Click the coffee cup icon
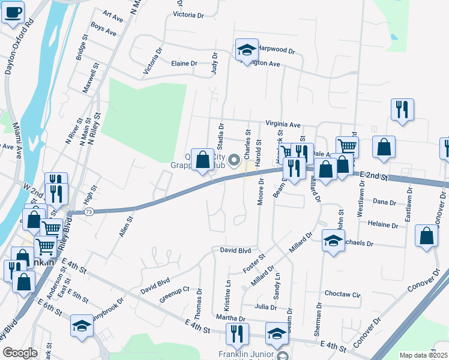(13, 12)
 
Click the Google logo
(20, 353)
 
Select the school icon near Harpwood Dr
(246, 52)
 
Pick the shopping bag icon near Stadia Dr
(203, 160)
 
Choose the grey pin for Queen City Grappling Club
(234, 160)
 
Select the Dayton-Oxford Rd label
(17, 51)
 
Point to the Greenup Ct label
(175, 296)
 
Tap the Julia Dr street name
(265, 307)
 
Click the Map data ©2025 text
(423, 355)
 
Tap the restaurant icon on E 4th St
(237, 334)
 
